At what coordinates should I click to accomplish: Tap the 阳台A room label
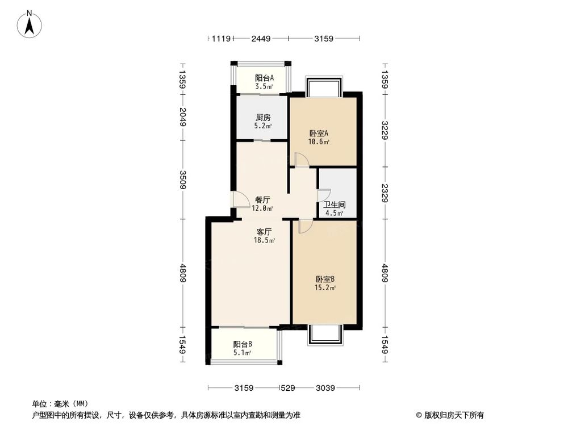click(264, 78)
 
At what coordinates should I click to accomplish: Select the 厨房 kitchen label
click(262, 118)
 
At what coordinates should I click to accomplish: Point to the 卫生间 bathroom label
click(334, 205)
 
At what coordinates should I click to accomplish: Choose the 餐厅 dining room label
click(262, 200)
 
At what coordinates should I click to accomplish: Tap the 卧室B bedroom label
click(325, 279)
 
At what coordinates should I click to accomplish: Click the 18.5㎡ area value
click(264, 240)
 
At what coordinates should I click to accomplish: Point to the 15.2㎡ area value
click(325, 287)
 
